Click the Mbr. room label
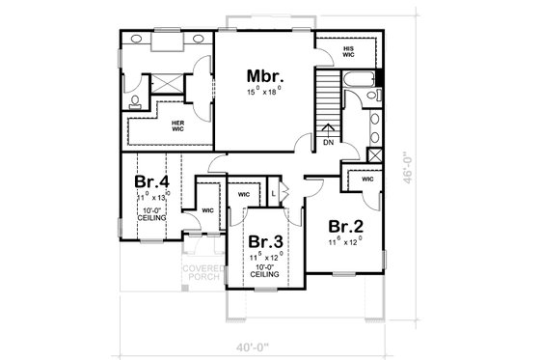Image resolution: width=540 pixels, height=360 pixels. pyautogui.click(x=263, y=75)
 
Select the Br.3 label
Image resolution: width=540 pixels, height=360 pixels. pyautogui.click(x=264, y=241)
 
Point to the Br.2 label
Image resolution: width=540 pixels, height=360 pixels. pyautogui.click(x=345, y=227)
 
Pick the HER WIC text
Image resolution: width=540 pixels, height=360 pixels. pyautogui.click(x=178, y=125)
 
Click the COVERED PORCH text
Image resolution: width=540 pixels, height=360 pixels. pyautogui.click(x=202, y=273)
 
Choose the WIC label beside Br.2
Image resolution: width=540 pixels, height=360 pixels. pyautogui.click(x=367, y=180)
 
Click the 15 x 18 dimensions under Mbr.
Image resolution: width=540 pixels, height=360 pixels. pyautogui.click(x=263, y=91)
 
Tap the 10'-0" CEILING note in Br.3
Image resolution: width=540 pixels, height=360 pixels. pyautogui.click(x=264, y=269)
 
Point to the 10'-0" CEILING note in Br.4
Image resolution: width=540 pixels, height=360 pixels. pyautogui.click(x=151, y=214)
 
